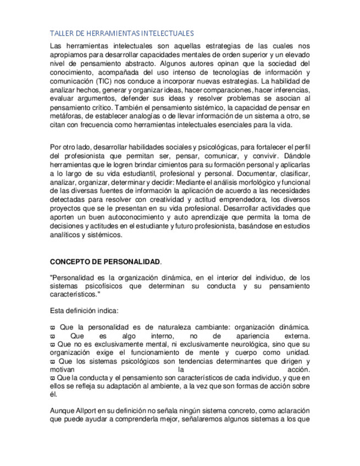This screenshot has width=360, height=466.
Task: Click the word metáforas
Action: point(67,116)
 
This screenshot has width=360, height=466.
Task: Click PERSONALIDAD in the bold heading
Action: point(134,262)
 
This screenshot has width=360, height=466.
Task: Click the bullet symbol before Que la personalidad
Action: point(52,328)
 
